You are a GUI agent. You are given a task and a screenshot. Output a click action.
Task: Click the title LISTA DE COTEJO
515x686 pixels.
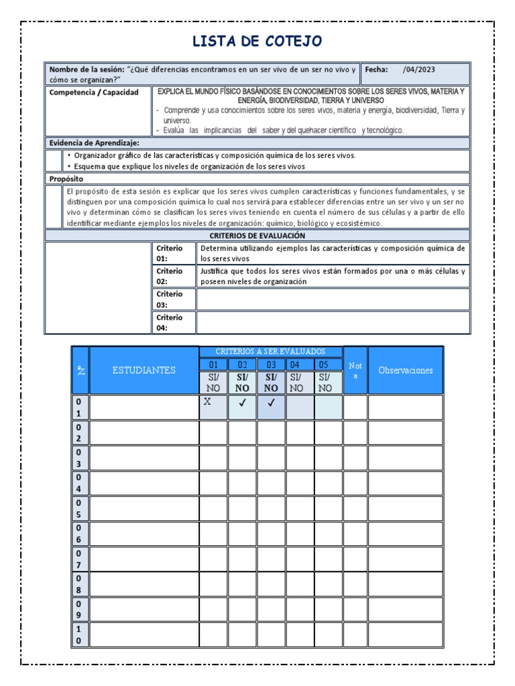coord(257,42)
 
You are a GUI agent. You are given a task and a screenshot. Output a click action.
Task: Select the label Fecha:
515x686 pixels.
coord(377,69)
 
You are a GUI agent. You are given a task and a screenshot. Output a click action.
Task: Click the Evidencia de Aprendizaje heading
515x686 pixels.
coord(94,143)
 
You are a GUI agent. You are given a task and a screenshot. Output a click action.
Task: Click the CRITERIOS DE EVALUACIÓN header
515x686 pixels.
coord(257,235)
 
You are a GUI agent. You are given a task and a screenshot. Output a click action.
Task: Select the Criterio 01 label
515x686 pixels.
coord(169,253)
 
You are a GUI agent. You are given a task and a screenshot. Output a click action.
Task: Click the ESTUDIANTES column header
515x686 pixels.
coord(144,370)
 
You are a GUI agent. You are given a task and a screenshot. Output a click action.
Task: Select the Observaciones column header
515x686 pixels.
coord(406,370)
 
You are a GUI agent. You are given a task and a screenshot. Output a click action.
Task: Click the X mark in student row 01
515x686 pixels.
coord(207,402)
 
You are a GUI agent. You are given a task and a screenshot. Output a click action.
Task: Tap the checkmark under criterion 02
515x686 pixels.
coord(242,403)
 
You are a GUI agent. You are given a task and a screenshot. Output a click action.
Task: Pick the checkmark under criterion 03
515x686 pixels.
coord(271,403)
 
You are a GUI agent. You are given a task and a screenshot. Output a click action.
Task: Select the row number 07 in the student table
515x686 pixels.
coord(79,559)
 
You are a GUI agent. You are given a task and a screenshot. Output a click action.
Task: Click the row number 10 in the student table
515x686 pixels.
coord(79,634)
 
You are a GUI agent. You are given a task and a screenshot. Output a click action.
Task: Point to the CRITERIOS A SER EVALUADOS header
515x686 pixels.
coord(271,351)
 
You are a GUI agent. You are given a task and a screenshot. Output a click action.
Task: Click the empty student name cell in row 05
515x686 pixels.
coord(144,508)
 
